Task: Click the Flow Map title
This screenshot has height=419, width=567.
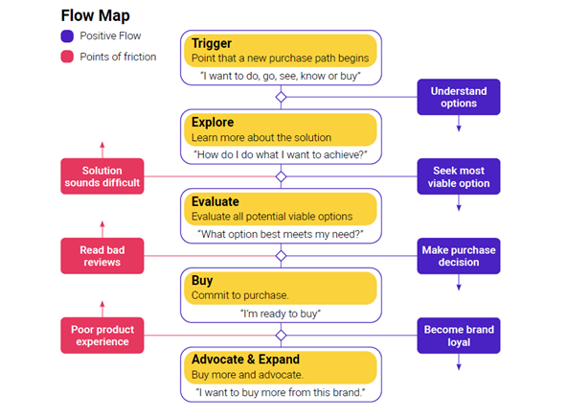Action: [x=95, y=15]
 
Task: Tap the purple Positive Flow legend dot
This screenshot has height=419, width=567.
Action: [x=67, y=36]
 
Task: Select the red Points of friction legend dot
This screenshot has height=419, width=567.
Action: [x=67, y=57]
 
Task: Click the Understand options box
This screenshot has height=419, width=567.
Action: [x=459, y=97]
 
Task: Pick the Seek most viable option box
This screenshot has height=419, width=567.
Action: [x=459, y=176]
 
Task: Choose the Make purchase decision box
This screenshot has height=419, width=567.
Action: [x=459, y=256]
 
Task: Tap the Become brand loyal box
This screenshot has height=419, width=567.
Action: [x=459, y=336]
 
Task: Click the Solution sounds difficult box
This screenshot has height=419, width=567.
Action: [x=102, y=176]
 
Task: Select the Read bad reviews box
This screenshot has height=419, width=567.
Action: [x=102, y=256]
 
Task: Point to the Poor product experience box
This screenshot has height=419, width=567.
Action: [x=102, y=336]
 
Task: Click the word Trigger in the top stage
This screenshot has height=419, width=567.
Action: [x=212, y=43]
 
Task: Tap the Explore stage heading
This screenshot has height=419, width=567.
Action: [x=213, y=123]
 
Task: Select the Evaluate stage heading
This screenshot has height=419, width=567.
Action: [x=215, y=201]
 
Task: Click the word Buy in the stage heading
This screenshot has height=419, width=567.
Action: [x=202, y=281]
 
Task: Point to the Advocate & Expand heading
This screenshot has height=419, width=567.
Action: [x=245, y=360]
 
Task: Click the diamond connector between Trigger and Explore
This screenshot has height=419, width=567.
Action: [x=281, y=97]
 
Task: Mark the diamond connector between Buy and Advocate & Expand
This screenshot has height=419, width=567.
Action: [x=281, y=336]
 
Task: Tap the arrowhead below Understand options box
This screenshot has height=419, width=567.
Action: [x=459, y=128]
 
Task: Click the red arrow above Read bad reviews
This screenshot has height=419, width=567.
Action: [x=102, y=229]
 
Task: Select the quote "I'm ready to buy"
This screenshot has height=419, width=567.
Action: [x=281, y=314]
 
